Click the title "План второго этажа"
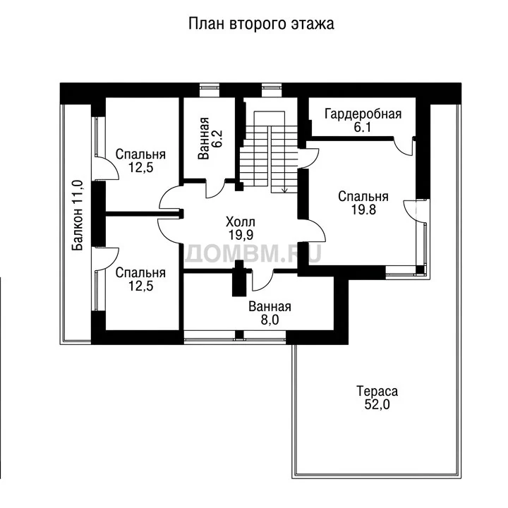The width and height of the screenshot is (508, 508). [x=261, y=24]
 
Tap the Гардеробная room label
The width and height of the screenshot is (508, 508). [x=363, y=114]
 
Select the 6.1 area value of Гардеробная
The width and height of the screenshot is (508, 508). [x=362, y=128]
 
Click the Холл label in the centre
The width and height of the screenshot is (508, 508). [x=241, y=222]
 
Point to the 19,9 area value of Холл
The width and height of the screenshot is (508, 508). [x=241, y=235]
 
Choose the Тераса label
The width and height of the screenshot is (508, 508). [x=377, y=391]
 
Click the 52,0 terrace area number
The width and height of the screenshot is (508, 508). [x=377, y=404]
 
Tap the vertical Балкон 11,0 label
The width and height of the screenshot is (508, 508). [x=78, y=215]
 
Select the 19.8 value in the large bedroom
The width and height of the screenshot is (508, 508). [x=363, y=210]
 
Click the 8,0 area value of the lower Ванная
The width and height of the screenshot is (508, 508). [x=270, y=320]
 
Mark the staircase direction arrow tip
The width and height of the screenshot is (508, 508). [x=285, y=193]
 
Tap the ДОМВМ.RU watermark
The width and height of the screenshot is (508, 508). [x=253, y=253]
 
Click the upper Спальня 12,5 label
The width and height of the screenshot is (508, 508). [x=140, y=161]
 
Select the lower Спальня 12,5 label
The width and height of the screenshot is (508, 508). [x=140, y=279]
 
